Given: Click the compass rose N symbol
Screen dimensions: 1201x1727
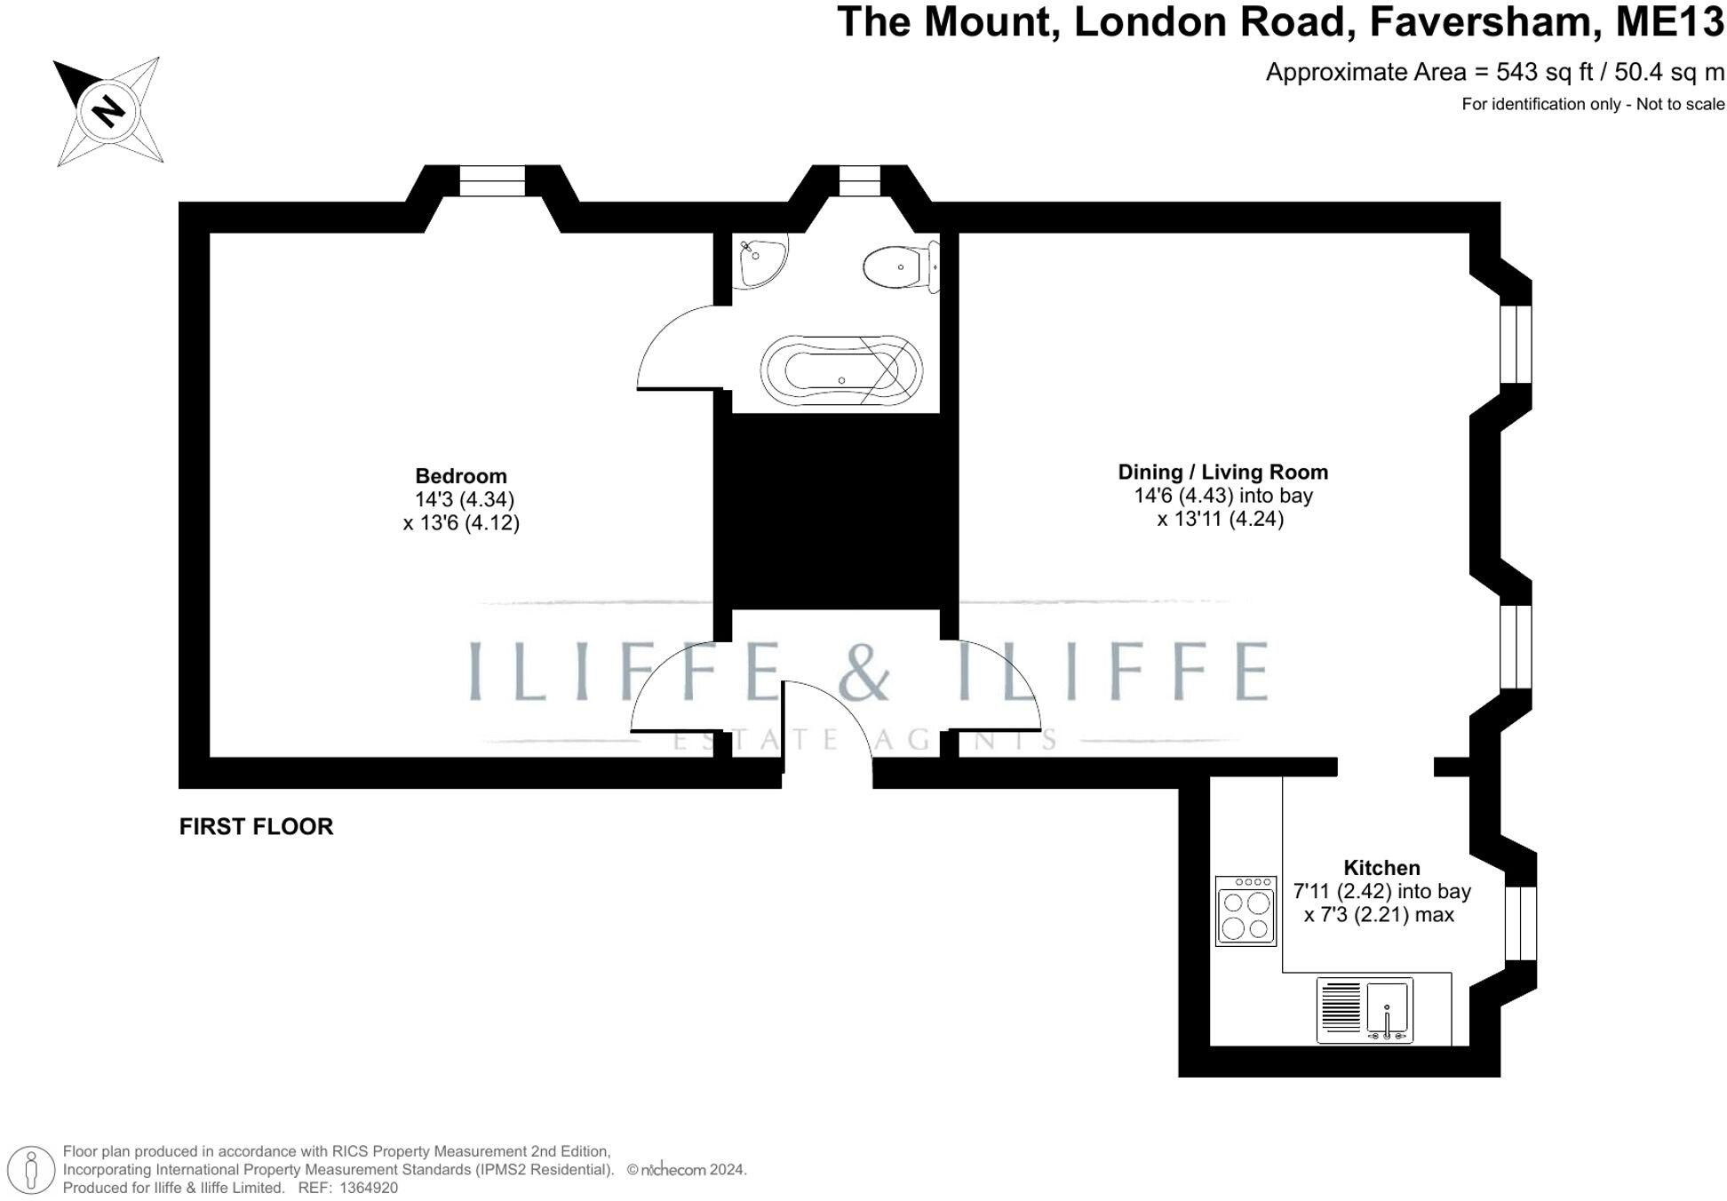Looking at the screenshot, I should click(x=108, y=111).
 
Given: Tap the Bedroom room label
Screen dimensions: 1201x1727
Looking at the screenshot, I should click(x=460, y=476).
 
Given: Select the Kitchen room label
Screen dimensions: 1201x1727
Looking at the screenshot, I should click(x=1381, y=868).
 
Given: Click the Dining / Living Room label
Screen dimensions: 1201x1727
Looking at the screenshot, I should click(x=1222, y=473).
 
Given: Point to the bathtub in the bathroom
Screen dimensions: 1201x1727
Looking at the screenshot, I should click(x=840, y=370).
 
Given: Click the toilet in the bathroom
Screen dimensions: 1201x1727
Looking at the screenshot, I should click(x=899, y=266).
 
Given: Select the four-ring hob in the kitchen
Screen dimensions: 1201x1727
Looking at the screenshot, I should click(x=1245, y=911).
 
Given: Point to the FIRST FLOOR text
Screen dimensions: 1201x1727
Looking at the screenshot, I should click(x=256, y=827).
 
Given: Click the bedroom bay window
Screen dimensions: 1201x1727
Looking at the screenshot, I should click(x=492, y=181).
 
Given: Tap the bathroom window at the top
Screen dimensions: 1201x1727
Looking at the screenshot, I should click(x=859, y=181).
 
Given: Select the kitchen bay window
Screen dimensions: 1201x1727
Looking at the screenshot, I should click(x=1520, y=923).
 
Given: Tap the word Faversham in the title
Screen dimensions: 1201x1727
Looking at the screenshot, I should click(x=1485, y=22).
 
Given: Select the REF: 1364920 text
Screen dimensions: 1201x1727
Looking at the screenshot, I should click(x=347, y=1188).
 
